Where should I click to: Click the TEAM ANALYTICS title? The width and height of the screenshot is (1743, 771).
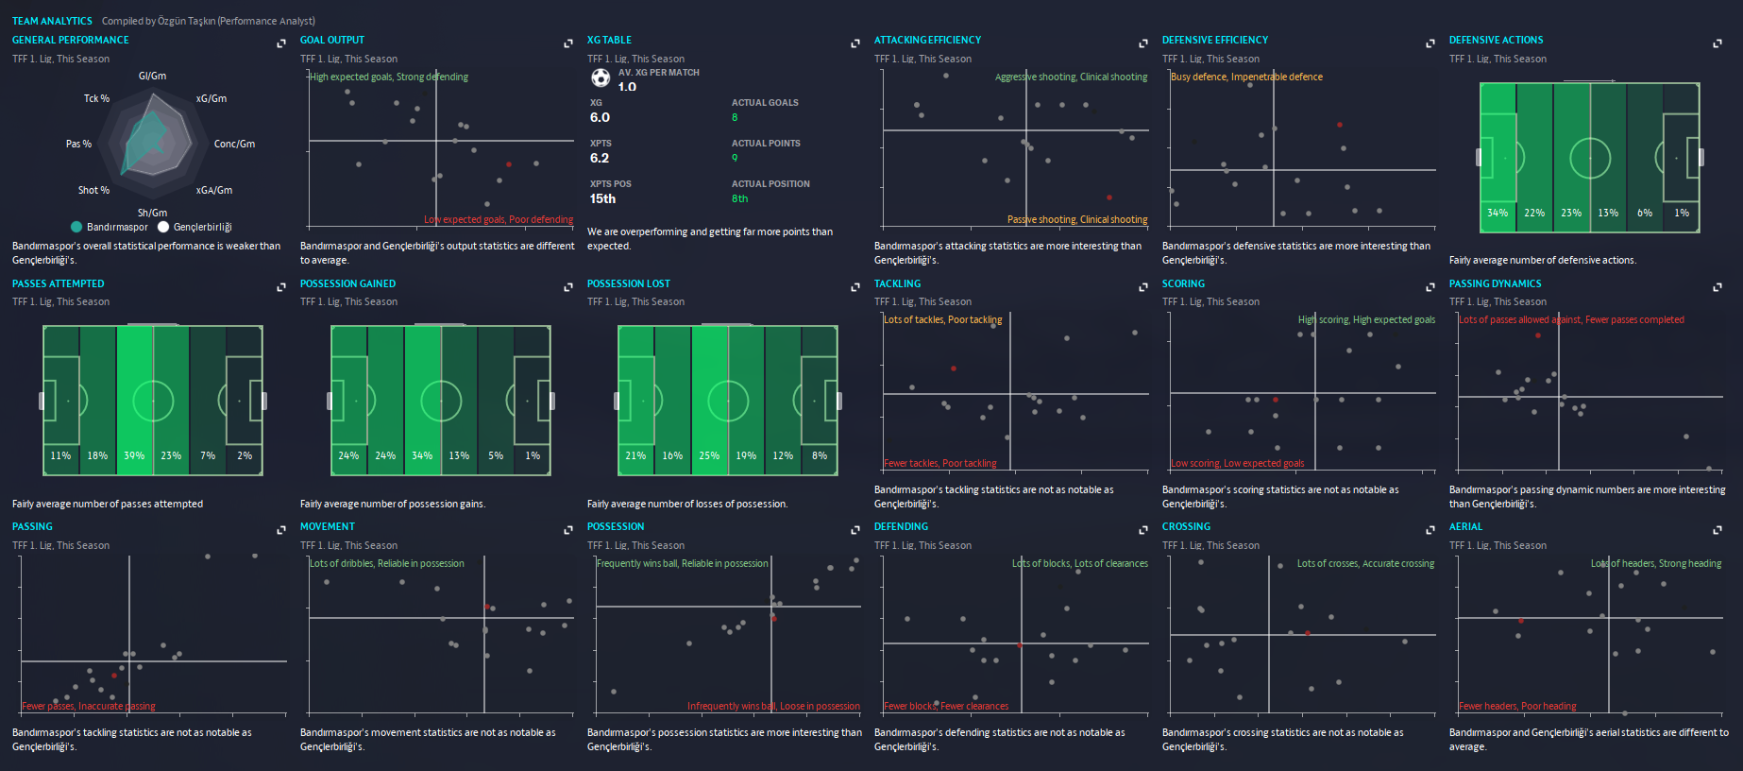(52, 21)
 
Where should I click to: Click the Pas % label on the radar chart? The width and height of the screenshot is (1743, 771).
(78, 144)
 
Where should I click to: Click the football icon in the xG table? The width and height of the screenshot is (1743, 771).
(601, 77)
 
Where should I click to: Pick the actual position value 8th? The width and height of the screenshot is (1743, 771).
(739, 199)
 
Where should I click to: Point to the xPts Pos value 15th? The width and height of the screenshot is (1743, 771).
(602, 199)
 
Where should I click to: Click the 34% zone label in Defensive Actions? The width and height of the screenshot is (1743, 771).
(1498, 214)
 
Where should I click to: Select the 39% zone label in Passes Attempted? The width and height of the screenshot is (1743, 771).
(134, 456)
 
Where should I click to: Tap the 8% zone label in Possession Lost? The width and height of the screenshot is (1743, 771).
(820, 456)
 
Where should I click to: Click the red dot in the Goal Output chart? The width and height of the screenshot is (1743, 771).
(509, 164)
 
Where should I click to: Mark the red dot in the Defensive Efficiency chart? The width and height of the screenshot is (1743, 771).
(1340, 125)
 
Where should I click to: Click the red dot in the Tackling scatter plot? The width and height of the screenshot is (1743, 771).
(954, 368)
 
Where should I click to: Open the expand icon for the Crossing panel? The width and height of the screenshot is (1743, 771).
(1430, 530)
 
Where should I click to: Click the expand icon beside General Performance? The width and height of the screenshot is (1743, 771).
(281, 43)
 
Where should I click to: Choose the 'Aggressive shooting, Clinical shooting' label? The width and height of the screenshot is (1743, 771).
(1071, 77)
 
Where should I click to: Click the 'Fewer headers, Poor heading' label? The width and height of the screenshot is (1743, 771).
(1517, 707)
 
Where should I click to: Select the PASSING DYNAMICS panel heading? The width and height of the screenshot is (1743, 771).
(1495, 283)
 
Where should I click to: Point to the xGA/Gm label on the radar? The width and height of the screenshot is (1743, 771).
(214, 191)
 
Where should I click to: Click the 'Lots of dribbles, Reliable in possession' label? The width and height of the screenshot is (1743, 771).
(387, 564)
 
